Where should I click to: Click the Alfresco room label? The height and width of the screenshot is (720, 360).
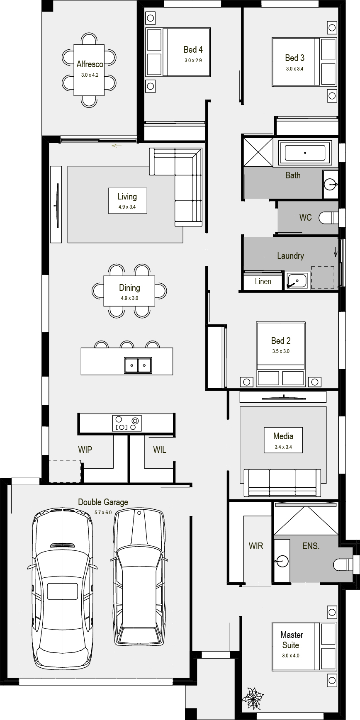90,64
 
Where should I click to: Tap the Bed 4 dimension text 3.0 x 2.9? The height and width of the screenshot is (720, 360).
193,60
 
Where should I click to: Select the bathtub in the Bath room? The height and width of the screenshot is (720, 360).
305,153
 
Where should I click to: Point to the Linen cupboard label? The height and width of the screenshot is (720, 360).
263,282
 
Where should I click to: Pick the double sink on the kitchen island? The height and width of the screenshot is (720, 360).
138,365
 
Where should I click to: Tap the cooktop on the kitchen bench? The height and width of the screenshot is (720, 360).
127,423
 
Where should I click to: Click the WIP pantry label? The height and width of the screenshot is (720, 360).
85,450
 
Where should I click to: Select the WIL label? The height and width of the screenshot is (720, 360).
160,450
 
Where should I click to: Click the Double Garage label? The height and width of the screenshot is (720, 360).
103,502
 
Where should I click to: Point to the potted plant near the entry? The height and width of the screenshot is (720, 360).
253,698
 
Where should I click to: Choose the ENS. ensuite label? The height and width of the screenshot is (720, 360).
311,546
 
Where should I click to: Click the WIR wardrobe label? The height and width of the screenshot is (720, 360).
256,546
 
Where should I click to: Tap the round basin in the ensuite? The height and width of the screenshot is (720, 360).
281,562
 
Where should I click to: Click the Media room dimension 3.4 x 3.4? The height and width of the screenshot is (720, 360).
283,448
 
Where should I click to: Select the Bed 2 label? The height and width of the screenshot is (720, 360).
281,341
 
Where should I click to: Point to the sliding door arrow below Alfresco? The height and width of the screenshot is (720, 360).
117,146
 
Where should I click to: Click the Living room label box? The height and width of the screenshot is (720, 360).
127,201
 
